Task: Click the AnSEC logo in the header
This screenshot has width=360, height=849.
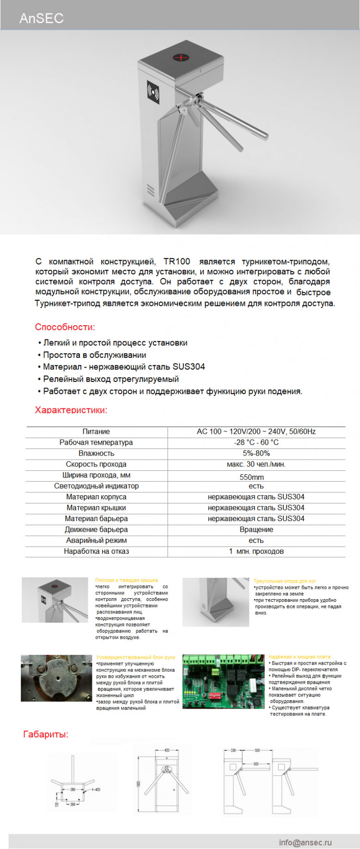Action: point(41,18)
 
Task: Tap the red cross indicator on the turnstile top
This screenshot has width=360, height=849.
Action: point(182,57)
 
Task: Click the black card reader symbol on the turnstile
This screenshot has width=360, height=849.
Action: point(153,91)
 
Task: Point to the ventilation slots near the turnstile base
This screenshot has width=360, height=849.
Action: point(150,189)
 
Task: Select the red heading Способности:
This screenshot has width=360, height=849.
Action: point(65,327)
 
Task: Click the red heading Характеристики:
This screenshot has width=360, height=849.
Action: point(71,410)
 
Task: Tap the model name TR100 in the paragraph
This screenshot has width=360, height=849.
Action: point(177,261)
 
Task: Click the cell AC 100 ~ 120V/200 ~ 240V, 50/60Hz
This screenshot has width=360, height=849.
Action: point(256,431)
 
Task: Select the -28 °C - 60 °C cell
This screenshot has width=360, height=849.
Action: point(256,443)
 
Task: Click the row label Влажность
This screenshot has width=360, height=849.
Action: point(96,453)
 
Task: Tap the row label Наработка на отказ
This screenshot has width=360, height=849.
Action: point(96,551)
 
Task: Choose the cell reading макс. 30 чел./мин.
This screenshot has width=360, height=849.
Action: point(256,464)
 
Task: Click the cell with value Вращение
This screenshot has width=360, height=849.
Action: point(256,529)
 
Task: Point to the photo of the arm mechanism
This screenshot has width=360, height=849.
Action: point(56,678)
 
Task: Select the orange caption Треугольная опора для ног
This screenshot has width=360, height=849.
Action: point(285,581)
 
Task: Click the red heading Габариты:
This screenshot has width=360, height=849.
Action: point(45,734)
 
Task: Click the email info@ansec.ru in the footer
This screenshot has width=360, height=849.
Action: point(305,842)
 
